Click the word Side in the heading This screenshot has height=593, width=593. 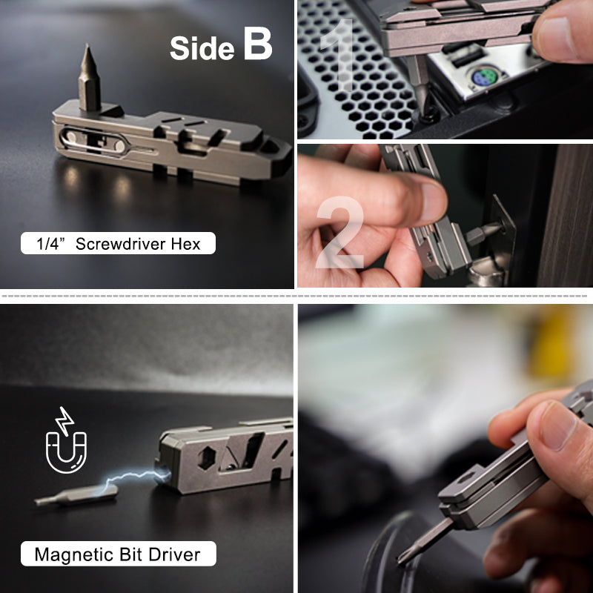coord(202,48)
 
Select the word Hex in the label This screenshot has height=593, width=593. coord(185,243)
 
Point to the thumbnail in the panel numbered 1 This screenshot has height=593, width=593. coord(564,37)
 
